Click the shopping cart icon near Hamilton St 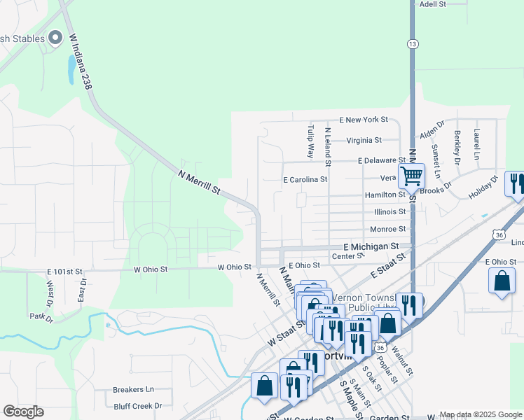(x=411, y=175)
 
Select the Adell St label (x=432, y=4)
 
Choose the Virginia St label (x=364, y=140)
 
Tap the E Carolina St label (x=305, y=180)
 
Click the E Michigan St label (x=371, y=247)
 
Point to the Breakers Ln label (x=133, y=389)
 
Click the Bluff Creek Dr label (x=137, y=405)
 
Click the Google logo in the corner (x=23, y=412)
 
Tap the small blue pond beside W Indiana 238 (x=71, y=69)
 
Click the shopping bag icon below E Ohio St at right (x=502, y=281)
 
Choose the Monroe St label (x=387, y=229)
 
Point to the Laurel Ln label (x=477, y=144)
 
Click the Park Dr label (x=42, y=318)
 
